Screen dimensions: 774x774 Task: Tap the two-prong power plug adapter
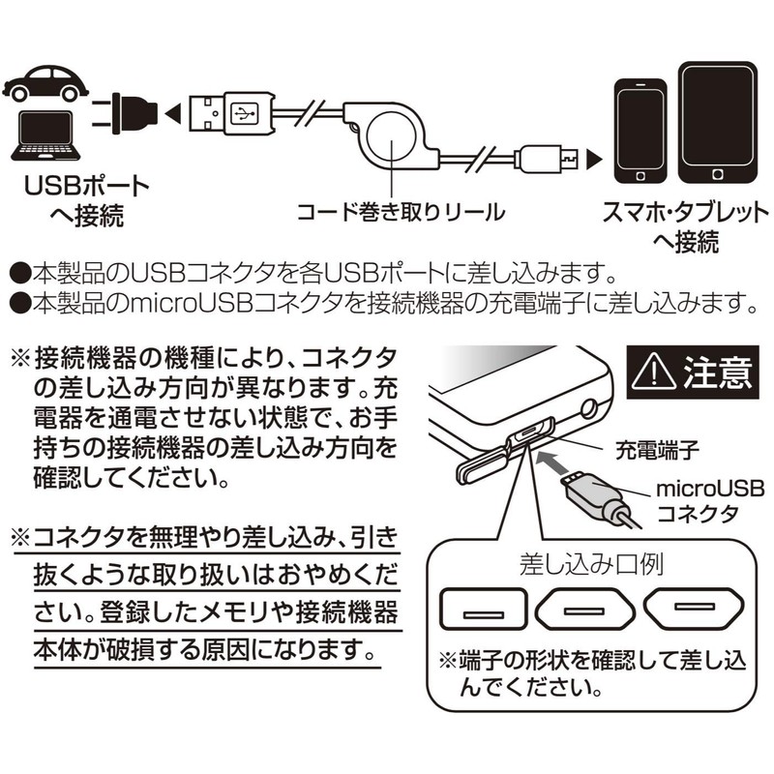tap(125, 114)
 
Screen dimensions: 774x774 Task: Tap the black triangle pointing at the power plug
tap(172, 114)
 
